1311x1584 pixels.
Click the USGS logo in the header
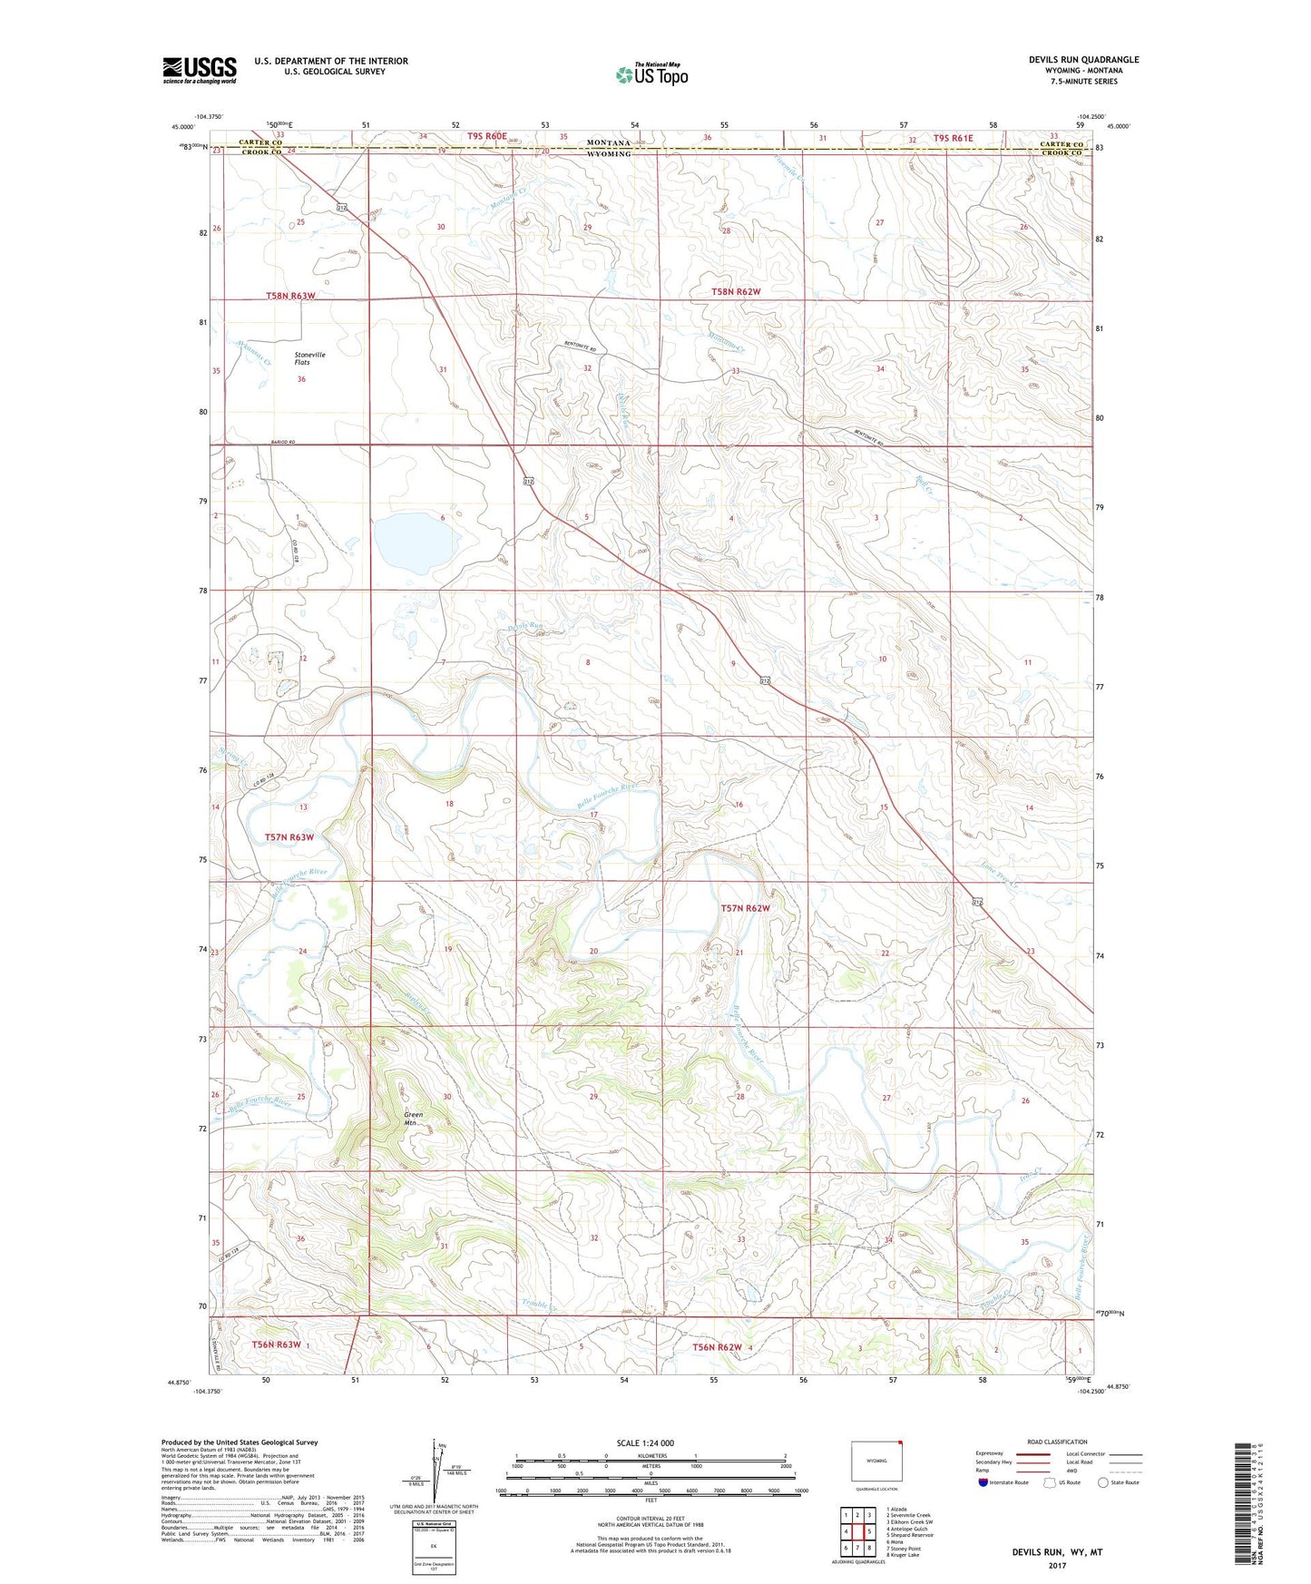click(x=200, y=70)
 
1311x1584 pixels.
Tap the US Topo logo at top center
click(x=651, y=74)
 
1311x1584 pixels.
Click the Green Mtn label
click(x=414, y=1119)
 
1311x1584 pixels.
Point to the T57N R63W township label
click(x=289, y=837)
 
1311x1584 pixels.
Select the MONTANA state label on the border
click(x=608, y=143)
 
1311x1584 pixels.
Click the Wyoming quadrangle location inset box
click(x=876, y=1462)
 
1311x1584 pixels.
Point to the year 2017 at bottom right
click(x=1057, y=1565)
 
